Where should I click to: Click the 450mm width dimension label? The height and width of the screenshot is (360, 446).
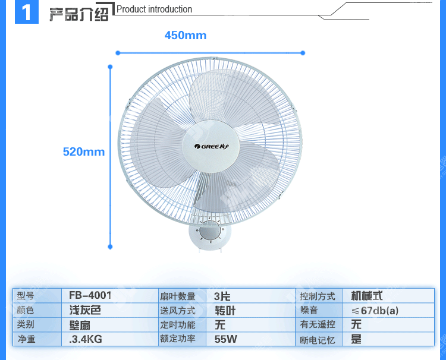click(x=186, y=36)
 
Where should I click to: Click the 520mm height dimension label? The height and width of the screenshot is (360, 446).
click(x=84, y=151)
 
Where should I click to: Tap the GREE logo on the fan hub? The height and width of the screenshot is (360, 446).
click(x=211, y=146)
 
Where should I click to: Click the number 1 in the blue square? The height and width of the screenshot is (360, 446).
click(x=26, y=12)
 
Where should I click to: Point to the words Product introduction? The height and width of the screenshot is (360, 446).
click(x=155, y=10)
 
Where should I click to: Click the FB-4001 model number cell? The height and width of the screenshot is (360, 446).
click(x=90, y=295)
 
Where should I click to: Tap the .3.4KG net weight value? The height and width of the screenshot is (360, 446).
click(x=86, y=339)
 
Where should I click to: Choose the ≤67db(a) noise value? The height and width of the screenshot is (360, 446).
click(x=375, y=310)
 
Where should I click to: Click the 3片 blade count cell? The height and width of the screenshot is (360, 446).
click(x=222, y=296)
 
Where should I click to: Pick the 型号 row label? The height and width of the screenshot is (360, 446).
click(x=26, y=296)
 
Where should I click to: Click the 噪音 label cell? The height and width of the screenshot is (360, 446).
click(x=309, y=310)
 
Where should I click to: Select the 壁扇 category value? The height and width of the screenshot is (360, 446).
click(x=80, y=325)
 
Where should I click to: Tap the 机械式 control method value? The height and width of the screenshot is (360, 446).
click(x=367, y=296)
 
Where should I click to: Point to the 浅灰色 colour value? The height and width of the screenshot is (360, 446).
click(x=86, y=310)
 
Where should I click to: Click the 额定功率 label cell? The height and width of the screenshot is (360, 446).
click(x=178, y=339)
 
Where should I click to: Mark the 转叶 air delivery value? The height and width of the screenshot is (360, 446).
click(x=225, y=310)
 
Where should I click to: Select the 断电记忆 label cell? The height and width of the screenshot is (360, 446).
click(x=318, y=340)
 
